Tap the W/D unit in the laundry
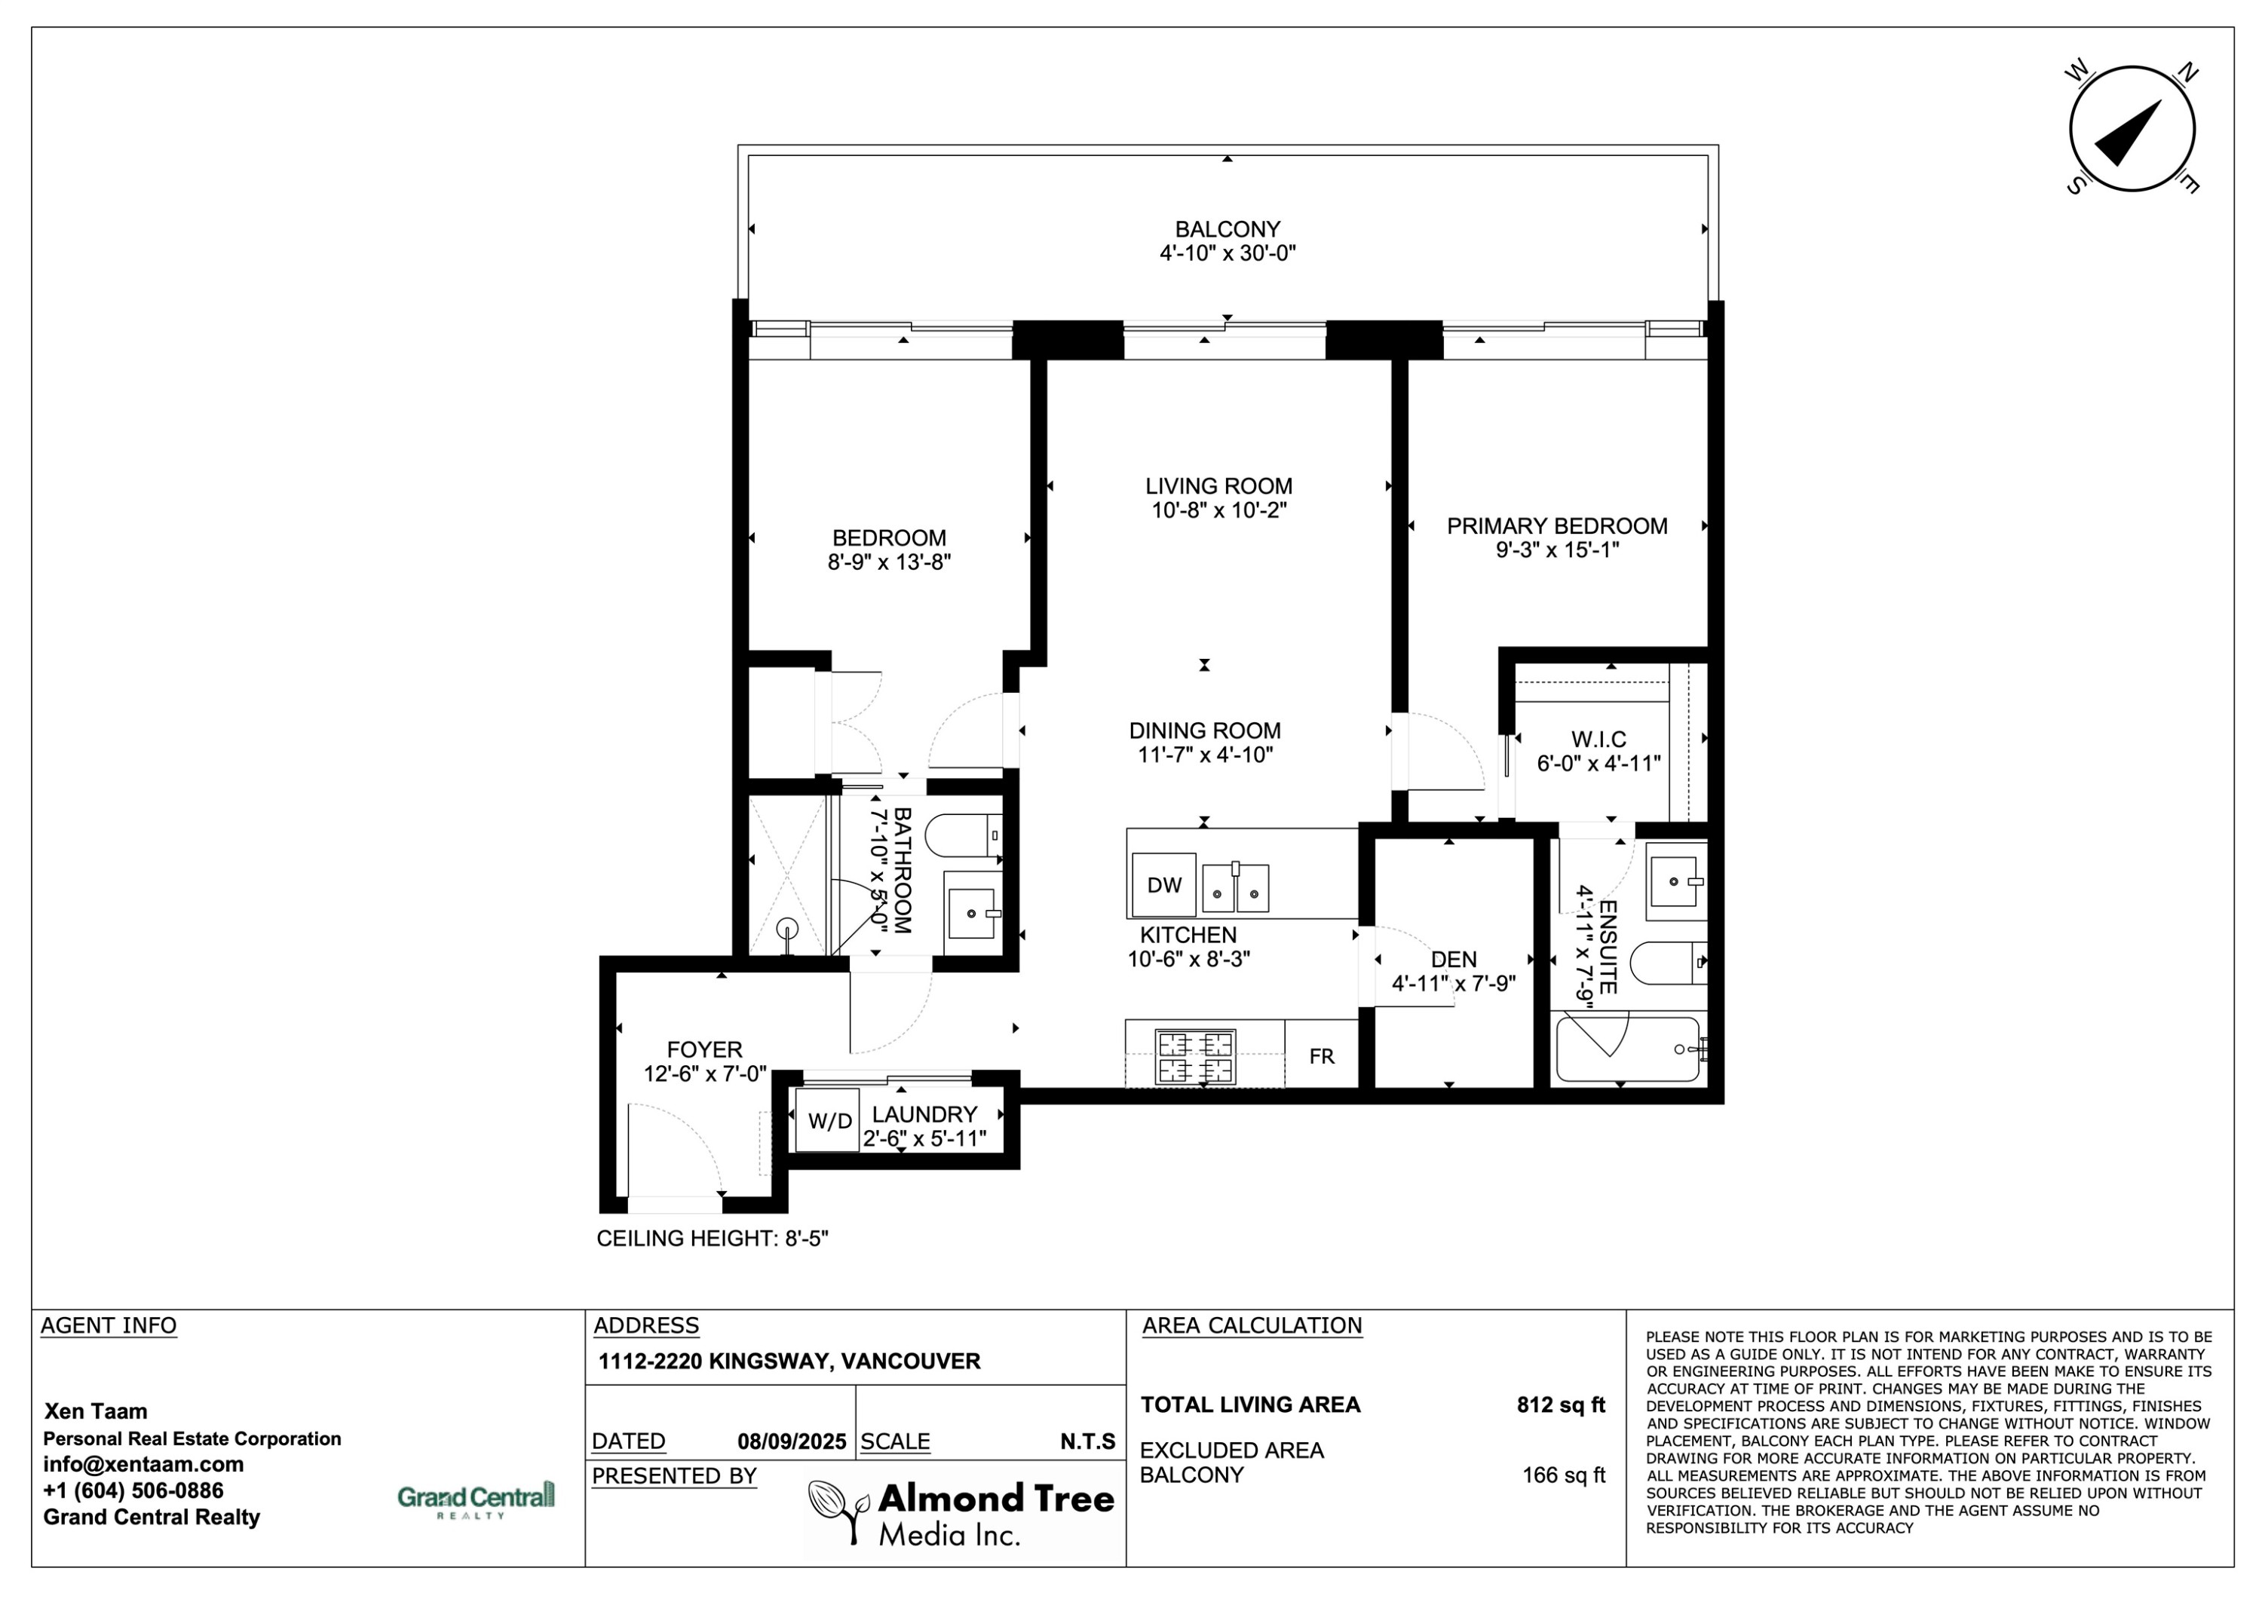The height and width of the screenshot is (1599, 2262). (x=829, y=1120)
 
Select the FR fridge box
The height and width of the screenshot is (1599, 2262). (x=1321, y=1056)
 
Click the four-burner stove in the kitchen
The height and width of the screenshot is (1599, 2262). (x=1194, y=1057)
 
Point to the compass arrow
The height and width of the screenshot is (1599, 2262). (x=2128, y=133)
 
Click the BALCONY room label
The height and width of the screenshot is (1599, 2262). (x=1227, y=228)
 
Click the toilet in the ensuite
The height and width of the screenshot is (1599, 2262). (x=1668, y=963)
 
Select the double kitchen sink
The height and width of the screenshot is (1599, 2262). (x=1236, y=887)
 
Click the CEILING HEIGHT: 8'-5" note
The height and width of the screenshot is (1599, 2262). (x=713, y=1239)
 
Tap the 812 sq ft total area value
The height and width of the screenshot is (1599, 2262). (x=1561, y=1405)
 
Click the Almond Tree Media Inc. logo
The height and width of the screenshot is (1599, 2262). (x=961, y=1513)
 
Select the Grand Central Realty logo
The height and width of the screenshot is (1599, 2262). (x=476, y=1499)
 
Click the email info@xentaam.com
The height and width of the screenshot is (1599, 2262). (x=144, y=1464)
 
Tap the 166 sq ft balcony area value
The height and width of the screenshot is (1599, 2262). (x=1564, y=1475)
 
